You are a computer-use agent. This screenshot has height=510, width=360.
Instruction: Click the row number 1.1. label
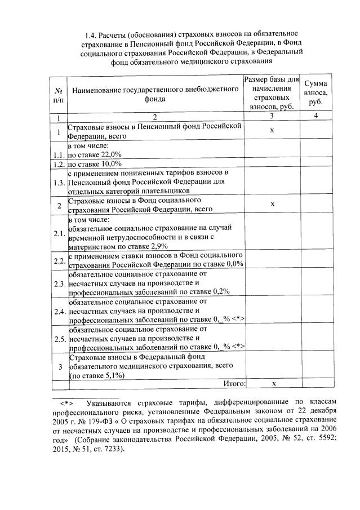click(x=58, y=154)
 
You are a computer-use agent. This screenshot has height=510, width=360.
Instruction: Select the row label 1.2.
click(x=58, y=164)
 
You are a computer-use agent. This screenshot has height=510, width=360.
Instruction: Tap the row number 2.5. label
click(x=58, y=339)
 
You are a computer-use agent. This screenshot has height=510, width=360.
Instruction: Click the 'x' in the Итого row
click(x=272, y=384)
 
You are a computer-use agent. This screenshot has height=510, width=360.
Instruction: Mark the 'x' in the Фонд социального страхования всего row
click(x=272, y=204)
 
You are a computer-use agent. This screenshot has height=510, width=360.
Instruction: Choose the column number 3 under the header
click(x=272, y=116)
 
